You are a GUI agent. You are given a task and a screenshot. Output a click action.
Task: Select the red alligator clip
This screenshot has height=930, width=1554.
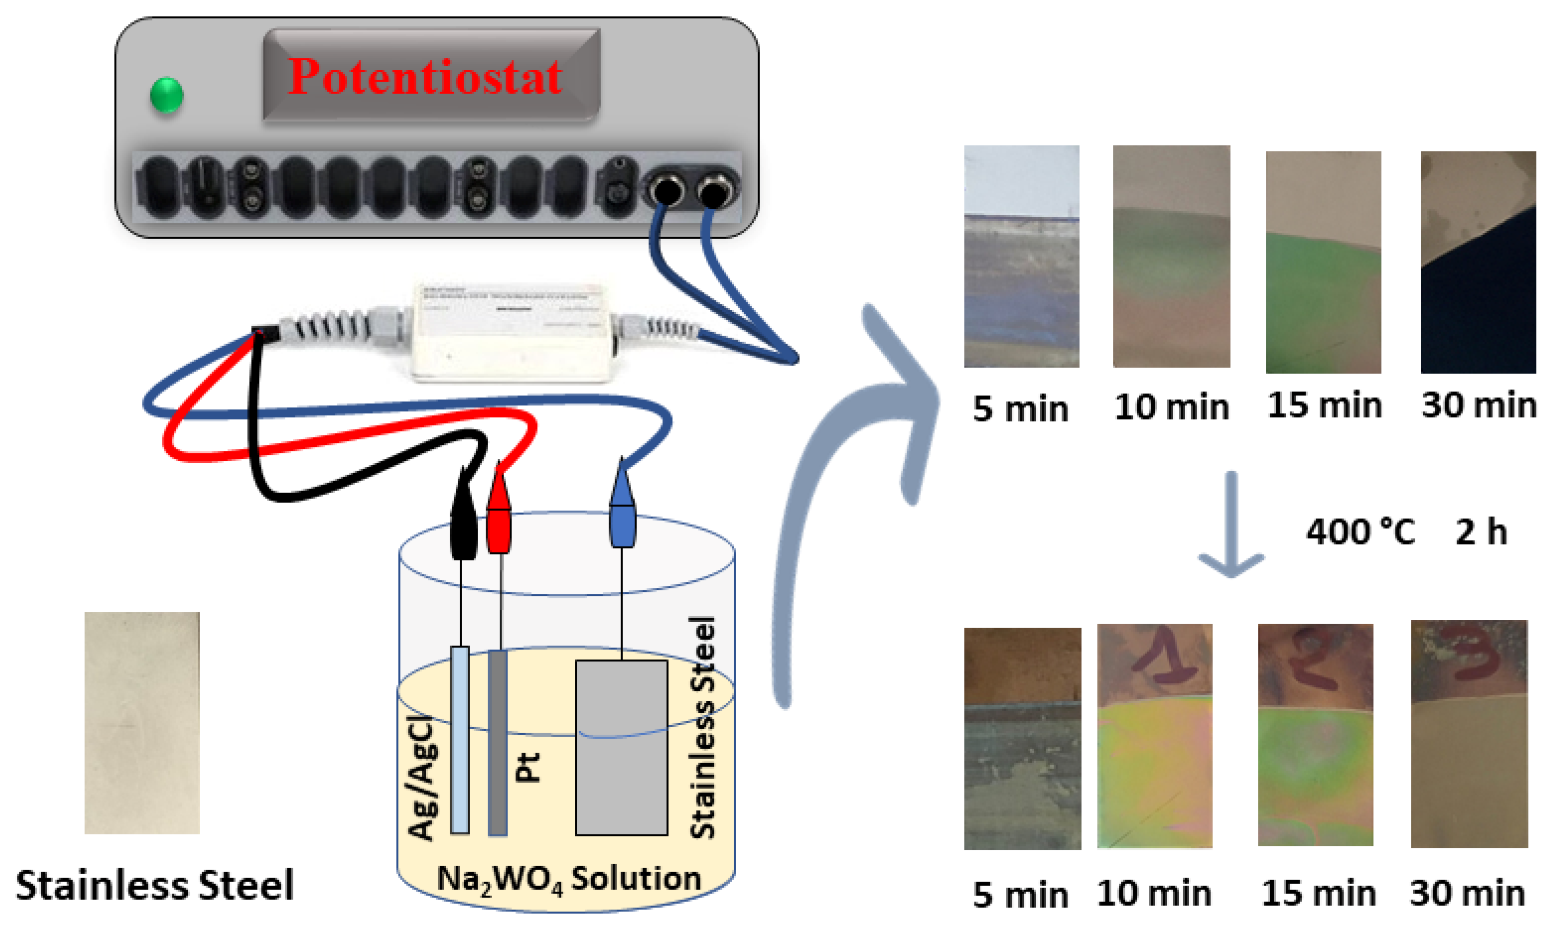click(x=499, y=517)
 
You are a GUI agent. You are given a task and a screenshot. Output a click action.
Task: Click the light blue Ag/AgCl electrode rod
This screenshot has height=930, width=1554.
click(x=460, y=740)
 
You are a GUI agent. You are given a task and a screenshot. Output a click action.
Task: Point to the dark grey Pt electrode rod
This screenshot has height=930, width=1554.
click(x=498, y=743)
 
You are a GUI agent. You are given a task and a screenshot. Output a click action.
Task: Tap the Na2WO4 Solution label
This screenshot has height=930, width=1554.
click(x=569, y=879)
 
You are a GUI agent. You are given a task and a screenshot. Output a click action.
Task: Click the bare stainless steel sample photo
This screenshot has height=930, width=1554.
click(x=142, y=723)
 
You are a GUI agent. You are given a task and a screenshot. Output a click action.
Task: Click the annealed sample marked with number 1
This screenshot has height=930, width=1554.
click(x=1155, y=736)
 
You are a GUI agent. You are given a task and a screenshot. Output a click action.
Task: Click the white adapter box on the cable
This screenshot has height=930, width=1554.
click(x=511, y=332)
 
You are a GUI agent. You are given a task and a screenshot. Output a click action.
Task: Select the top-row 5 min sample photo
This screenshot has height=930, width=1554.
click(x=1022, y=256)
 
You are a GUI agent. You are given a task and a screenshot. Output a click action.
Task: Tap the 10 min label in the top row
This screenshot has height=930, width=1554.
click(x=1172, y=408)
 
